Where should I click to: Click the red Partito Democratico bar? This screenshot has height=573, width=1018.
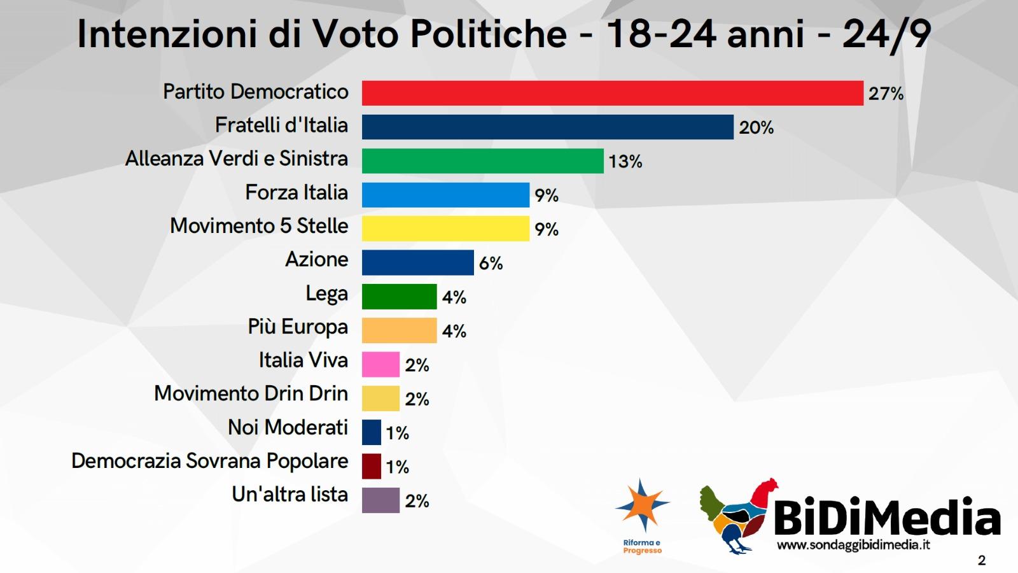612,93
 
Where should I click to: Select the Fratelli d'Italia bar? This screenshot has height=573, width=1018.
547,127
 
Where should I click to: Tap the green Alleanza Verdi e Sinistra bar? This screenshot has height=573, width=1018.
482,161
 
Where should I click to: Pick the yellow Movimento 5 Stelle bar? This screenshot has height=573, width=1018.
445,229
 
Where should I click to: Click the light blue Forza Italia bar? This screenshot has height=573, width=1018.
445,195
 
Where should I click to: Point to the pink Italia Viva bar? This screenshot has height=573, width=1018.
380,364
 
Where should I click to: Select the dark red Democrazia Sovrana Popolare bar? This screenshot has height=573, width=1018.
372,466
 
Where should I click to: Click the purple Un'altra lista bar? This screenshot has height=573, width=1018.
380,500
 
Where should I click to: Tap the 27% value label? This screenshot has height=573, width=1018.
886,94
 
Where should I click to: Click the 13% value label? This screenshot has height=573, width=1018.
625,162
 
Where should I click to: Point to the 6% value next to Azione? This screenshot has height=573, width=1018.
491,263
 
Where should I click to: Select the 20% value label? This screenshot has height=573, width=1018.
756,128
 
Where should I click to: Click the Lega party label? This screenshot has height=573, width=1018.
326,294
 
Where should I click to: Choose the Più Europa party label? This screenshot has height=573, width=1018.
298,327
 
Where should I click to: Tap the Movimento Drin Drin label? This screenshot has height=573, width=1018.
251,393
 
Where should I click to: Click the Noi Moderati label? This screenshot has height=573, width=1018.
288,427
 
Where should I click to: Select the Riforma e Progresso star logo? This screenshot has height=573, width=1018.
642,506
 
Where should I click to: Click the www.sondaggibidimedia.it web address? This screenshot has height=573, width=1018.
853,545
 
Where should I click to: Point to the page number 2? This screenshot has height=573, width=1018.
981,560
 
